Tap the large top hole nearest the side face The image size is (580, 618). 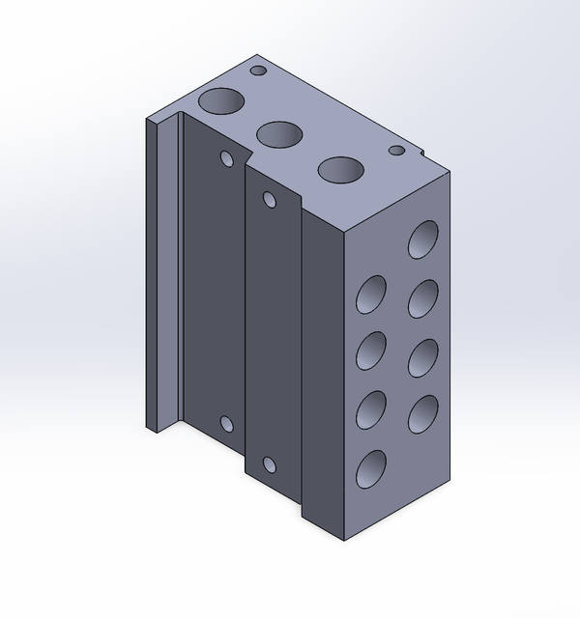click(x=341, y=169)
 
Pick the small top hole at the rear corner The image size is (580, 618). click(x=258, y=70)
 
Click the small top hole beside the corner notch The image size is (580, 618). click(x=396, y=150)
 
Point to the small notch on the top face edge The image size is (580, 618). click(x=422, y=153)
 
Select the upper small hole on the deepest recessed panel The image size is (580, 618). click(x=228, y=158)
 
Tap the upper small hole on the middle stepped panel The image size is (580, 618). click(x=270, y=201)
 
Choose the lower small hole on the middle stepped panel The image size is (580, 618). click(x=270, y=464)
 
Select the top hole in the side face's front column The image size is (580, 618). click(x=370, y=294)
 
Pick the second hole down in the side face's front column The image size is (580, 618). click(x=370, y=351)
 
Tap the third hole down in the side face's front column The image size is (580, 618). click(x=370, y=410)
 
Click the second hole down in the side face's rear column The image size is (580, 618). click(x=422, y=298)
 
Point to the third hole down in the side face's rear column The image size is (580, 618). click(x=422, y=357)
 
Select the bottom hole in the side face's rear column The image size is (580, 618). click(x=422, y=415)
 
